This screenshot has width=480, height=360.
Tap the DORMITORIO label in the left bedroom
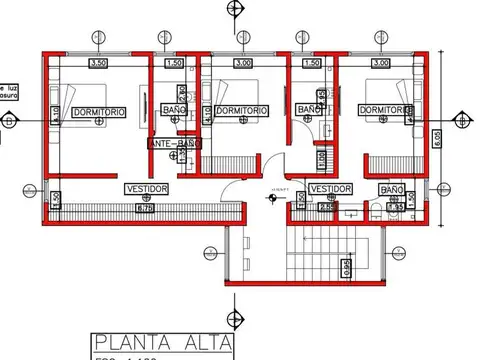[98, 113]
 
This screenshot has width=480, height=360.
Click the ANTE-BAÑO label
[175, 145]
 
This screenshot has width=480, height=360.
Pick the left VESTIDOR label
[146, 189]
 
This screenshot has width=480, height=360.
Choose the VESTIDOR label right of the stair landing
[330, 188]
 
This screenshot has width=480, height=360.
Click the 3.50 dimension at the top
[98, 63]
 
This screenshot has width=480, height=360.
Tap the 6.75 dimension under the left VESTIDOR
[144, 208]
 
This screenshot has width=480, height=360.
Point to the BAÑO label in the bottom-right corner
[391, 189]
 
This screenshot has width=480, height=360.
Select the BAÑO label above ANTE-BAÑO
[174, 110]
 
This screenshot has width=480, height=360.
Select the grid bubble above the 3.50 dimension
[97, 38]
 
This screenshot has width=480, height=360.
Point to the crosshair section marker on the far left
[9, 121]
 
